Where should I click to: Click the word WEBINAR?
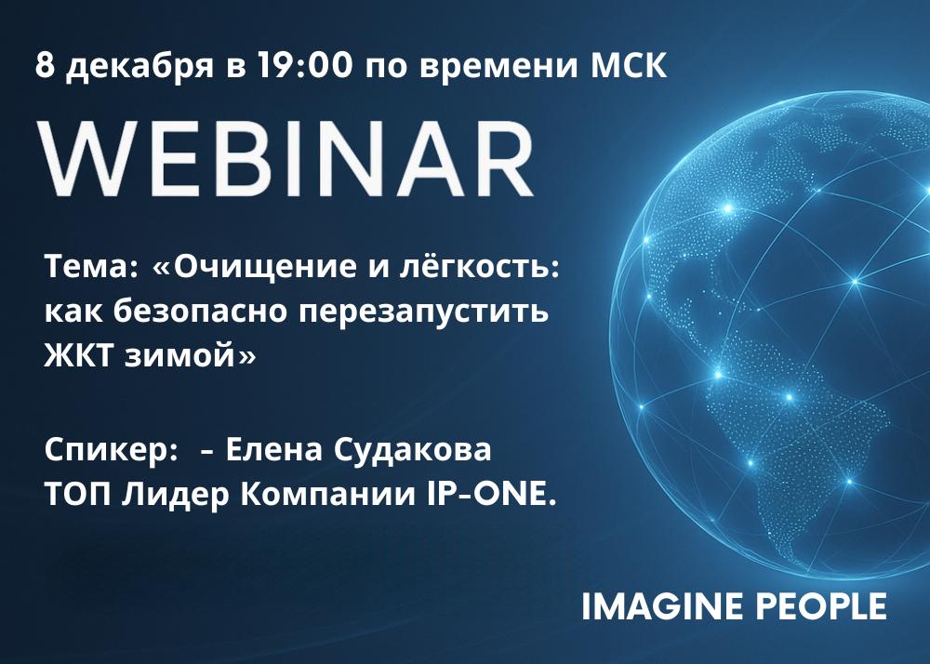coord(286,159)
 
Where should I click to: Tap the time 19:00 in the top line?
coord(304,65)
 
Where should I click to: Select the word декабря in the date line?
coord(139,67)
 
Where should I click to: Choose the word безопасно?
coord(201,312)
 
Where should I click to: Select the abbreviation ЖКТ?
coord(80,356)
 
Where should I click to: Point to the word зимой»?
coord(191,355)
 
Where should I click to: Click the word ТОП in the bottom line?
coord(78,495)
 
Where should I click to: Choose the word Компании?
coord(328,495)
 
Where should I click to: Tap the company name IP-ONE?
coord(492,495)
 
